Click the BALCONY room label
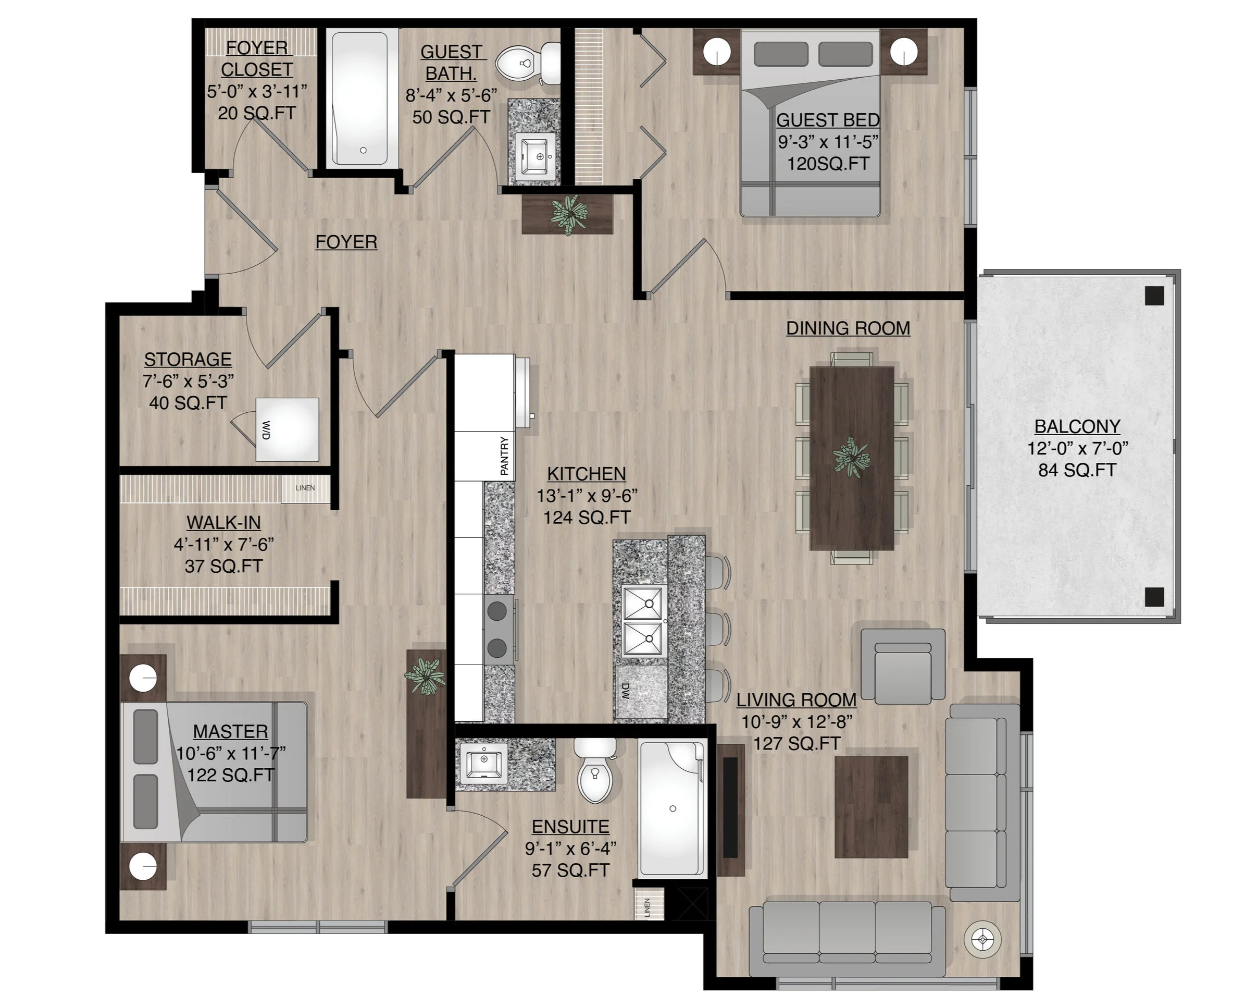[1077, 427]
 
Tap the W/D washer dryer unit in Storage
[287, 429]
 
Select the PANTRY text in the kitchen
[504, 456]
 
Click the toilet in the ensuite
[595, 770]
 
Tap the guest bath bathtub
[359, 99]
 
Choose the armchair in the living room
[903, 665]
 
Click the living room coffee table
[871, 807]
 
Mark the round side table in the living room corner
[983, 940]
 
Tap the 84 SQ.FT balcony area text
[1077, 470]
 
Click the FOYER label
[346, 242]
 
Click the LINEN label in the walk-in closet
[305, 488]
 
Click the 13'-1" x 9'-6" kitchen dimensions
[587, 496]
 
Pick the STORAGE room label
[188, 359]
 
